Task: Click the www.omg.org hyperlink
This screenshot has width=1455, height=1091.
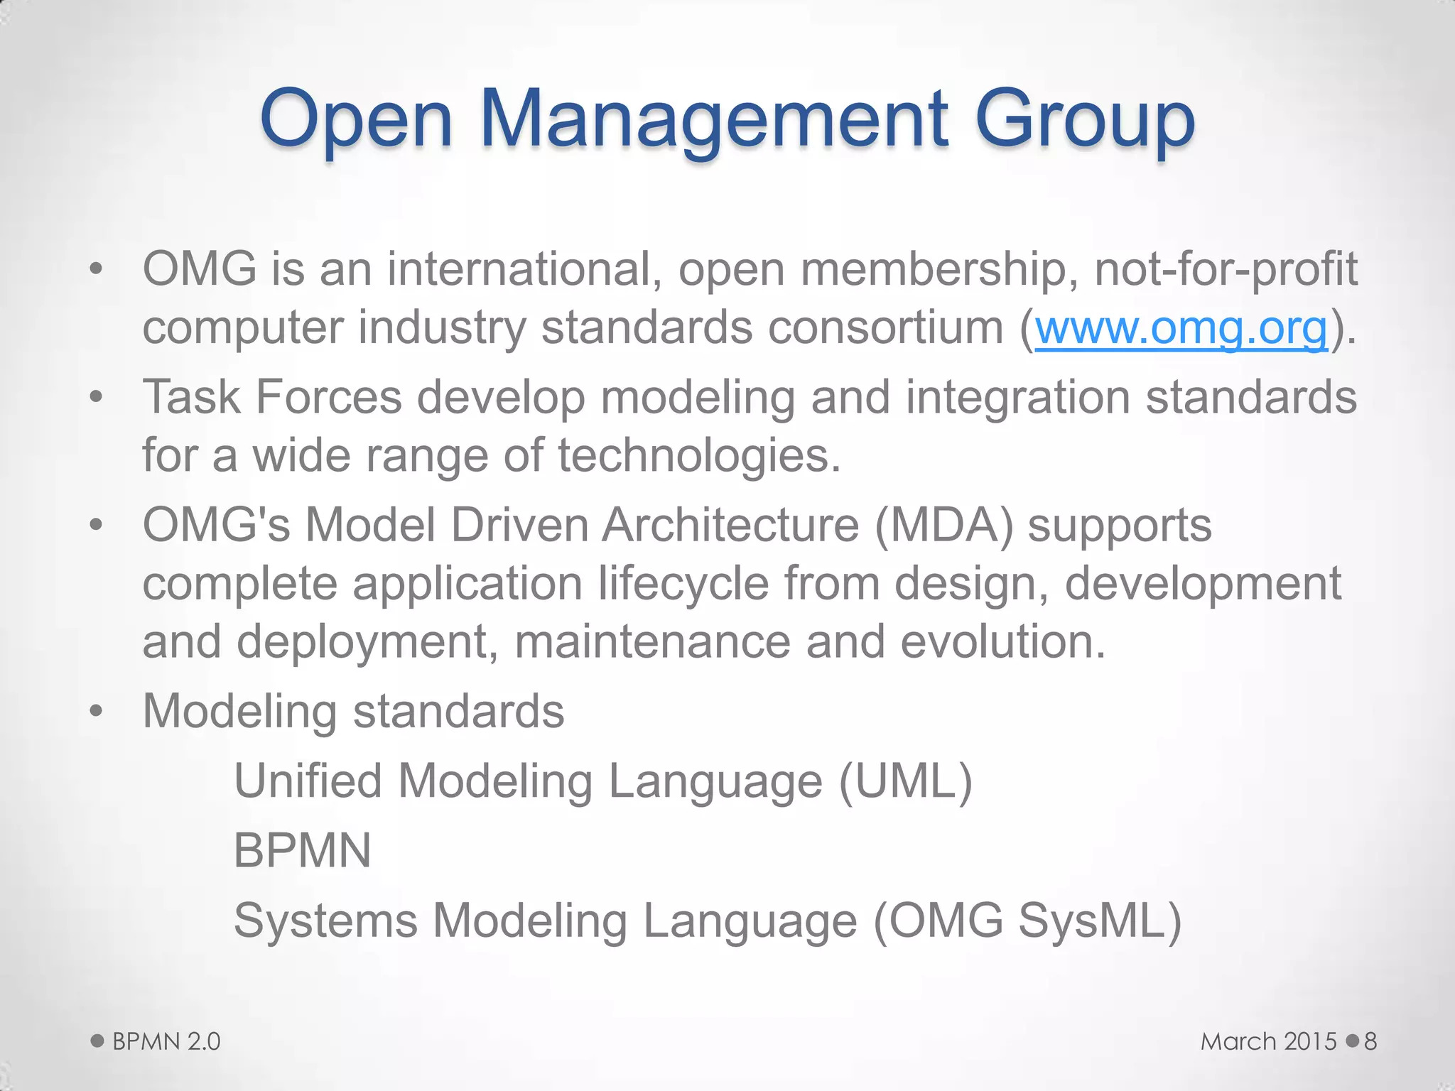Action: tap(1181, 328)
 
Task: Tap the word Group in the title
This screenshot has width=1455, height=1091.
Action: tap(1085, 119)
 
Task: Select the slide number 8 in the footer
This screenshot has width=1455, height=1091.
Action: tap(1370, 1041)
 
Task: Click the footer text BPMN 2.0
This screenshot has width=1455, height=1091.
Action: tap(166, 1041)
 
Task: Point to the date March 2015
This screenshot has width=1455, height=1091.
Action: tap(1269, 1041)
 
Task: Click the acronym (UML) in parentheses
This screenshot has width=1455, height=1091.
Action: tap(905, 781)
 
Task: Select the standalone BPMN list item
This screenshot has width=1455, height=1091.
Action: tap(302, 850)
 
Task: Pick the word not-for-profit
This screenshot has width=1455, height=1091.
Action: tap(1226, 270)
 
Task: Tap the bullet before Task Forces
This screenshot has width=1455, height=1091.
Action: tap(97, 397)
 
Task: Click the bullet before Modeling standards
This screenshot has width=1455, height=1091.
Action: tap(97, 711)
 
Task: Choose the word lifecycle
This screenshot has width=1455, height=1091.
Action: tap(683, 584)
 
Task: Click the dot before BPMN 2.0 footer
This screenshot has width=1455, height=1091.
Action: tap(97, 1041)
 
